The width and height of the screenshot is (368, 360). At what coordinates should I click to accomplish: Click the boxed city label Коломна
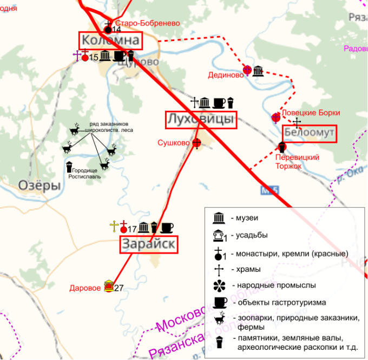point(110,41)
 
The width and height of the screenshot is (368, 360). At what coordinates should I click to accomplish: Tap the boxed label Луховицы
point(201,119)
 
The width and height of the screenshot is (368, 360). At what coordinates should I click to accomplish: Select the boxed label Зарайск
point(149,244)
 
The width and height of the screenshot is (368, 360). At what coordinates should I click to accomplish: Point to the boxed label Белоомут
point(310,134)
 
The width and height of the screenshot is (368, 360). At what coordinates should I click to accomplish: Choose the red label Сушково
point(173,143)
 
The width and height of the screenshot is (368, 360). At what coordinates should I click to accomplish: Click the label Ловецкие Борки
point(311,113)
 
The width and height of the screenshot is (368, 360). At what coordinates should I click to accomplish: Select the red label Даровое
point(85,288)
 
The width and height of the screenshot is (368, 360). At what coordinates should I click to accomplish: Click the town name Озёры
point(40,186)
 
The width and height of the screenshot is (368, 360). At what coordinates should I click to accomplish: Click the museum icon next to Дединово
point(258,71)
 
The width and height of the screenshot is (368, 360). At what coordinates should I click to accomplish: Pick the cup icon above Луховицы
point(219,103)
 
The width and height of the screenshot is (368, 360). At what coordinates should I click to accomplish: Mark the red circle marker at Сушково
point(197,143)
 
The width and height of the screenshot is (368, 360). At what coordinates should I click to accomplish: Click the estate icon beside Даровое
point(108,285)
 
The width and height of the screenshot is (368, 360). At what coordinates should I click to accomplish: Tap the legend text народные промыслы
point(274,285)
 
